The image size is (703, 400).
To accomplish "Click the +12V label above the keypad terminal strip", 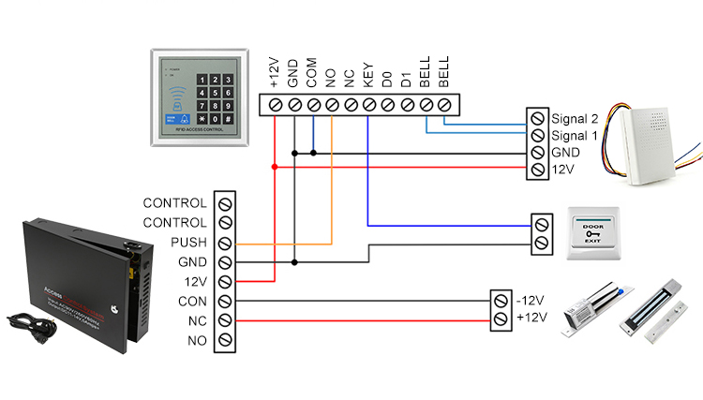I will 274,72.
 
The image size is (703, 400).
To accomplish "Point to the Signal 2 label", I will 573,119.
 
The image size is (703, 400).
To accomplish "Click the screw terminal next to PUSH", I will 225,243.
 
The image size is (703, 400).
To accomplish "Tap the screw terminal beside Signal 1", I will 537,136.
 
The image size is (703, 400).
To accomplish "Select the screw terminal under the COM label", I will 312,105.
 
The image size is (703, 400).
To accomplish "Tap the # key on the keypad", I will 226,120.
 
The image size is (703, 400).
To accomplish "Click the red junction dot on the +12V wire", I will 274,167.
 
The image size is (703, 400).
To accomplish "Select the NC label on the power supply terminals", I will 196,320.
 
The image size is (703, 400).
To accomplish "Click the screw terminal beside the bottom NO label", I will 225,340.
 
